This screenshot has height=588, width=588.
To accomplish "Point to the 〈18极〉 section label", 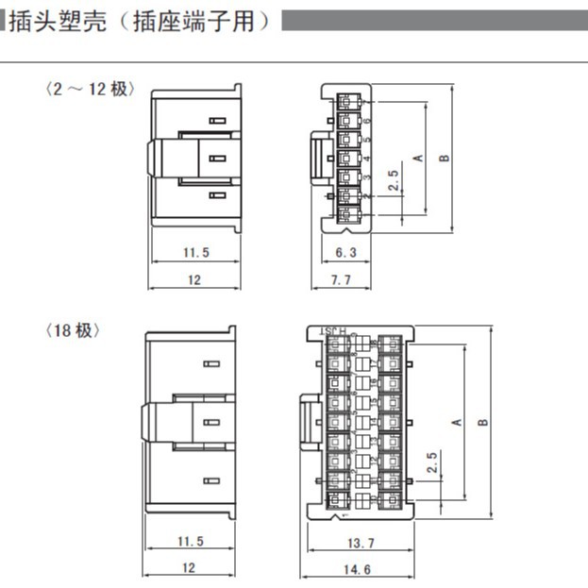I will point(73,330).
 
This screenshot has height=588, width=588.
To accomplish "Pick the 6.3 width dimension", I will point(346,252).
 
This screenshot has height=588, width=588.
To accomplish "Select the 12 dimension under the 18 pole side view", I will point(190,568).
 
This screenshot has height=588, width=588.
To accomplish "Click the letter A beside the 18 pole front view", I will point(457,421).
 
